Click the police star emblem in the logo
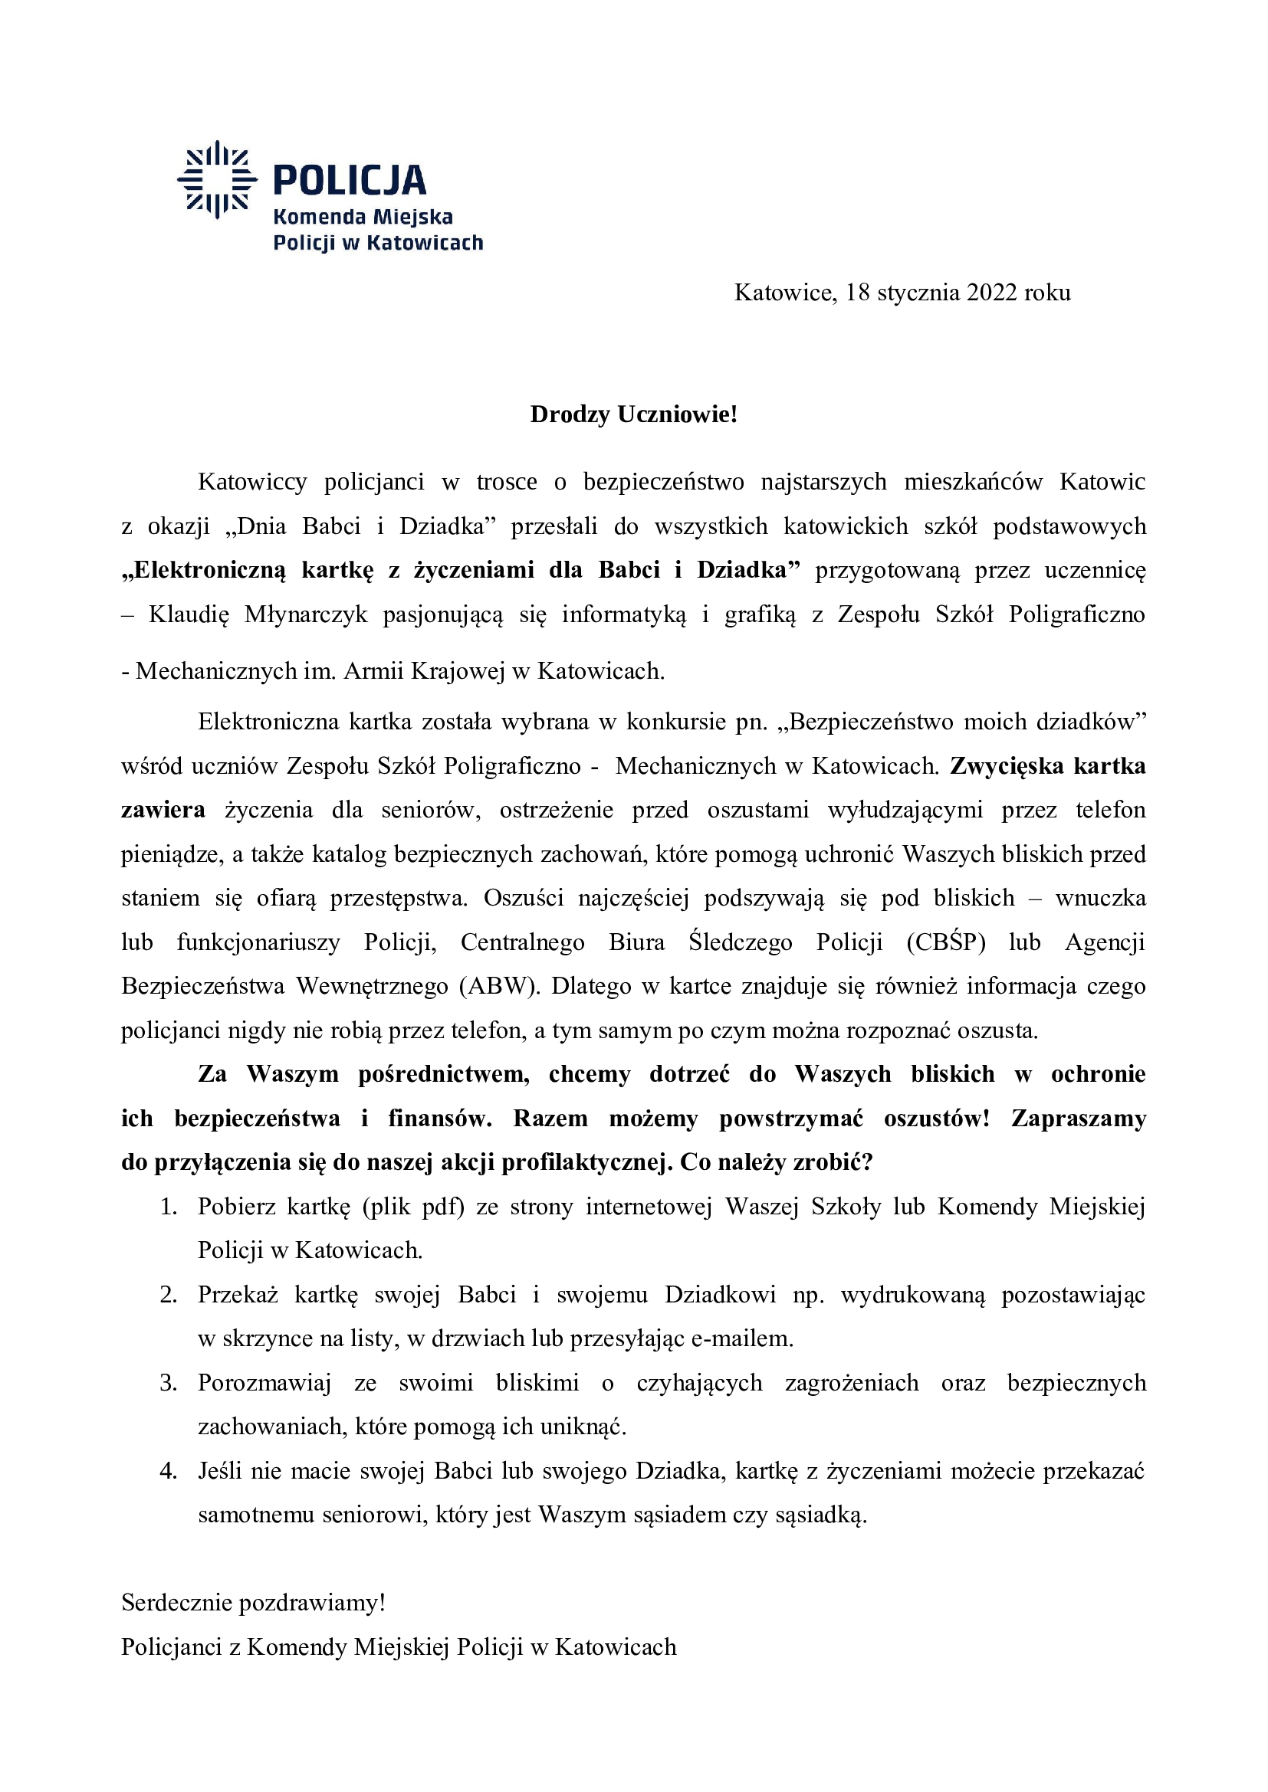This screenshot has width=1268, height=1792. (217, 179)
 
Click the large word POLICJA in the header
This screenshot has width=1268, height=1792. (349, 180)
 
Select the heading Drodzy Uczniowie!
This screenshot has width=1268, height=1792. (633, 414)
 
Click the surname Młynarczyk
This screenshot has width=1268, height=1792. (305, 614)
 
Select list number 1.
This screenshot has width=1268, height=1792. (169, 1207)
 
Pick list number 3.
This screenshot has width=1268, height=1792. (169, 1382)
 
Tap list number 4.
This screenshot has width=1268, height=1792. (169, 1470)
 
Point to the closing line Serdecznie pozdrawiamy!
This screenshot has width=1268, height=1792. (253, 1602)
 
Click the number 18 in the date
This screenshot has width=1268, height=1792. (857, 293)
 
